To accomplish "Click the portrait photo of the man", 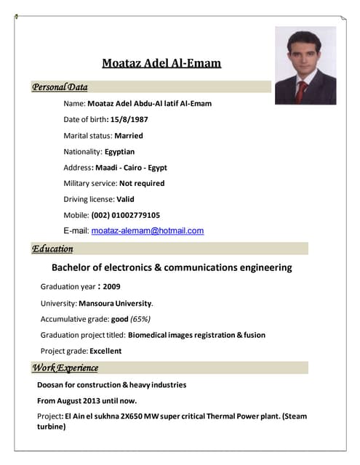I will tap(305, 65).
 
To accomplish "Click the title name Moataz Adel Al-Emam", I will tap(161, 63).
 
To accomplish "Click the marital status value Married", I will tap(129, 135).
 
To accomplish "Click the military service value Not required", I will tap(142, 183).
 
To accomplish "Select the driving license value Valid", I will tap(125, 199).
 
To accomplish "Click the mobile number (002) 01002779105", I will tap(126, 215).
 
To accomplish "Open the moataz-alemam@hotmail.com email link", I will tap(148, 231).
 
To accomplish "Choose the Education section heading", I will tap(52, 249).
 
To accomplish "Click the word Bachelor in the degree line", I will tap(75, 267).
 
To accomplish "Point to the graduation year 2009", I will tap(112, 286).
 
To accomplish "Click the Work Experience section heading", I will tap(65, 368).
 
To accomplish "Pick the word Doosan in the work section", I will tap(52, 384).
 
